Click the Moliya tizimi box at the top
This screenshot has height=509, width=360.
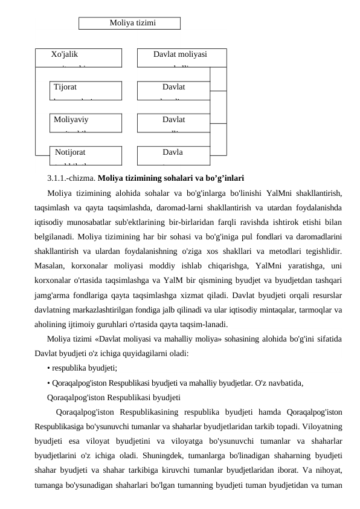tap(130, 23)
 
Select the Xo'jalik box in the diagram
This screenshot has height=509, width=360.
tap(78, 57)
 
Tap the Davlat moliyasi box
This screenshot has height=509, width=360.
tap(180, 57)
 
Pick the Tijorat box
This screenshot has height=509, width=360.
tap(85, 90)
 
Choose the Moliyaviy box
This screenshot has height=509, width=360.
tap(85, 123)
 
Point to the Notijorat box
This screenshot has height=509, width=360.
tap(85, 155)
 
